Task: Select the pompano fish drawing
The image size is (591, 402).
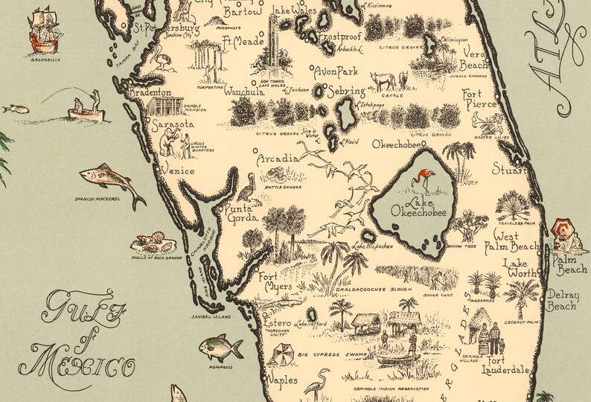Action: pos(221,346)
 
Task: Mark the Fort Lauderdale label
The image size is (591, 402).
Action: pos(510,363)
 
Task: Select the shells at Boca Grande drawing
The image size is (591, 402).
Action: pos(153,243)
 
